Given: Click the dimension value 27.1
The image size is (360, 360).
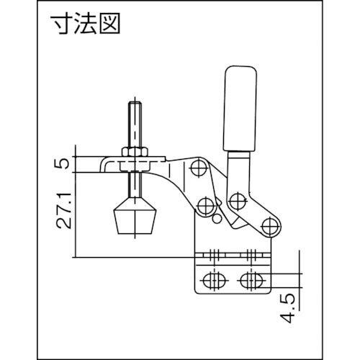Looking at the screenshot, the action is click(x=64, y=210).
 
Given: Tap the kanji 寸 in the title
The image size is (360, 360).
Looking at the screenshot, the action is click(x=61, y=24).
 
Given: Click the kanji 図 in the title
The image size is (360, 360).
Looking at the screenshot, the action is click(x=109, y=24).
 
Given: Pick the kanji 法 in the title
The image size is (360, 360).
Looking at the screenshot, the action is click(x=85, y=24).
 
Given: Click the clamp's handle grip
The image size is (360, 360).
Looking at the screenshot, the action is click(x=240, y=109).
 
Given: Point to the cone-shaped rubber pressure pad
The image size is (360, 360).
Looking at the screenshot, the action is click(x=135, y=215).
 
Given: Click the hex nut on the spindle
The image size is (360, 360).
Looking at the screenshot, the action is click(x=135, y=152).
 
